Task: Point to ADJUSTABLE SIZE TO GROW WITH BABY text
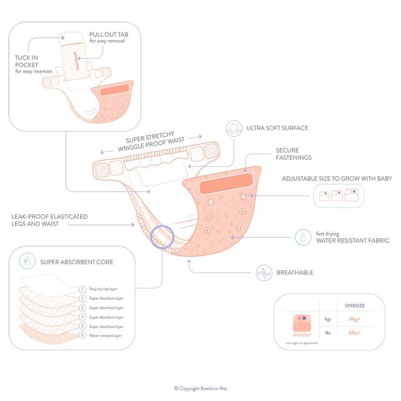click(x=336, y=179)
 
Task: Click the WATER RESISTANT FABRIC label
click(x=352, y=241)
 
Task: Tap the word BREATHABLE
click(x=297, y=273)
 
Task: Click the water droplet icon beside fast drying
click(x=302, y=237)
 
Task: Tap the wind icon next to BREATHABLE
click(x=265, y=273)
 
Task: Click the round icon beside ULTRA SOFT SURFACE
click(x=234, y=128)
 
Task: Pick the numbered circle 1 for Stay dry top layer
click(x=83, y=289)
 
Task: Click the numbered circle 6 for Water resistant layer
click(x=83, y=336)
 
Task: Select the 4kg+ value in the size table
click(x=354, y=319)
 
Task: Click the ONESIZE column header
click(x=355, y=305)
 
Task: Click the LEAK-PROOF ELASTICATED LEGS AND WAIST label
click(x=49, y=221)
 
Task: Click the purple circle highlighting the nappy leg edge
click(x=162, y=238)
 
